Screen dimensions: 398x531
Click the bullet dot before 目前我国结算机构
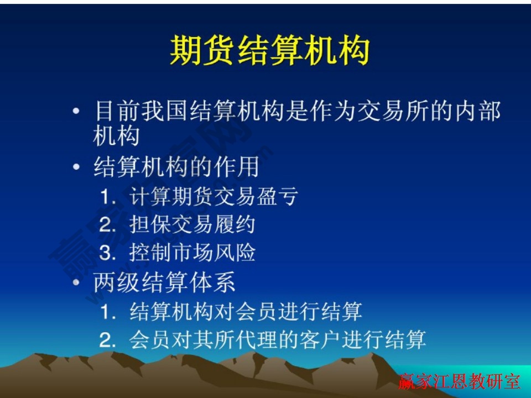[x=76, y=112]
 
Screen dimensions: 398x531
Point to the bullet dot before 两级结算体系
[x=76, y=283]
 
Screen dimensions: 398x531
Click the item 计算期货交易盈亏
[x=214, y=196]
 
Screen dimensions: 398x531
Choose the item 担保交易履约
[x=192, y=225]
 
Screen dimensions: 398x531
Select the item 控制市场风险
[x=192, y=253]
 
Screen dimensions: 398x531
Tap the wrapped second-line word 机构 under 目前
[x=116, y=136]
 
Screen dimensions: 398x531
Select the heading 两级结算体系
[x=165, y=282]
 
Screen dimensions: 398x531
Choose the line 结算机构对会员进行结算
[x=246, y=312]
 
